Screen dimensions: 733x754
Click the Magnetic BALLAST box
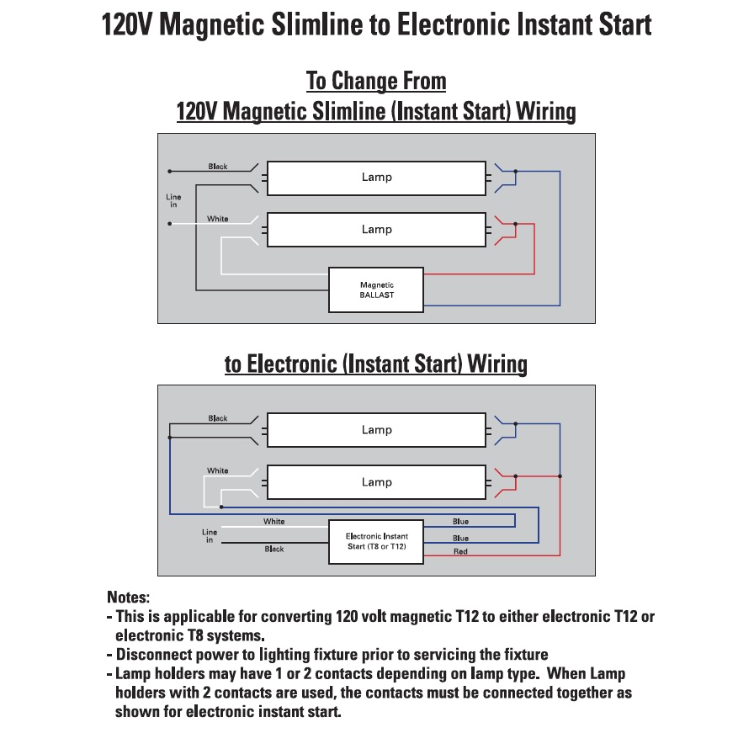click(x=376, y=289)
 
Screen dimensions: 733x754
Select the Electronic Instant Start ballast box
click(x=376, y=541)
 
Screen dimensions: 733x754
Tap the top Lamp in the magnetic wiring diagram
click(x=376, y=178)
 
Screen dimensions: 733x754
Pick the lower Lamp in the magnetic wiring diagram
click(x=376, y=230)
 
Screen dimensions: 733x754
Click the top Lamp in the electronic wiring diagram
click(x=376, y=430)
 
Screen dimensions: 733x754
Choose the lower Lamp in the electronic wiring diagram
click(x=376, y=482)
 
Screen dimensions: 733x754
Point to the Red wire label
click(x=460, y=552)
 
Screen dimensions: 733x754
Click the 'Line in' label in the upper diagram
click(x=173, y=200)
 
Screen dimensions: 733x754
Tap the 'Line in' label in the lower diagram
click(x=210, y=535)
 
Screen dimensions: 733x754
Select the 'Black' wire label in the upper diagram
click(x=218, y=167)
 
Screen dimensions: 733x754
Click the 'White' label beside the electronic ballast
click(x=273, y=522)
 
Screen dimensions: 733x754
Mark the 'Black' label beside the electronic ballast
click(x=274, y=550)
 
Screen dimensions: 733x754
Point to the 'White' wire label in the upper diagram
click(x=218, y=219)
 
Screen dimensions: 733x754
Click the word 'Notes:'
click(x=128, y=598)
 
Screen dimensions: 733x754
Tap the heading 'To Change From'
click(x=376, y=82)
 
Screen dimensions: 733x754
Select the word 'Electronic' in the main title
click(x=454, y=24)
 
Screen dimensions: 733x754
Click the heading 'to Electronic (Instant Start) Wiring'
click(x=376, y=364)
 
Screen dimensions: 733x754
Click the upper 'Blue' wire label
click(x=460, y=522)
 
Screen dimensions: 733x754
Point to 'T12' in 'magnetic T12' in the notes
click(x=466, y=617)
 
